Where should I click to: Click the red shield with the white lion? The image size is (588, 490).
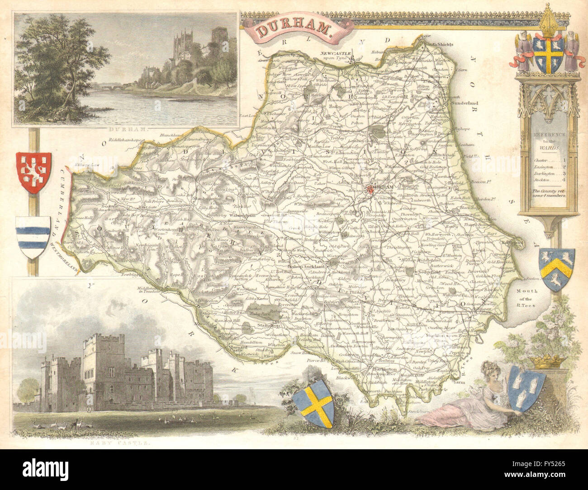33,173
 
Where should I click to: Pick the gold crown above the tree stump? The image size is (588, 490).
546,360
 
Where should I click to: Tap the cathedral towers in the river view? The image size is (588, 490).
183,45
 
